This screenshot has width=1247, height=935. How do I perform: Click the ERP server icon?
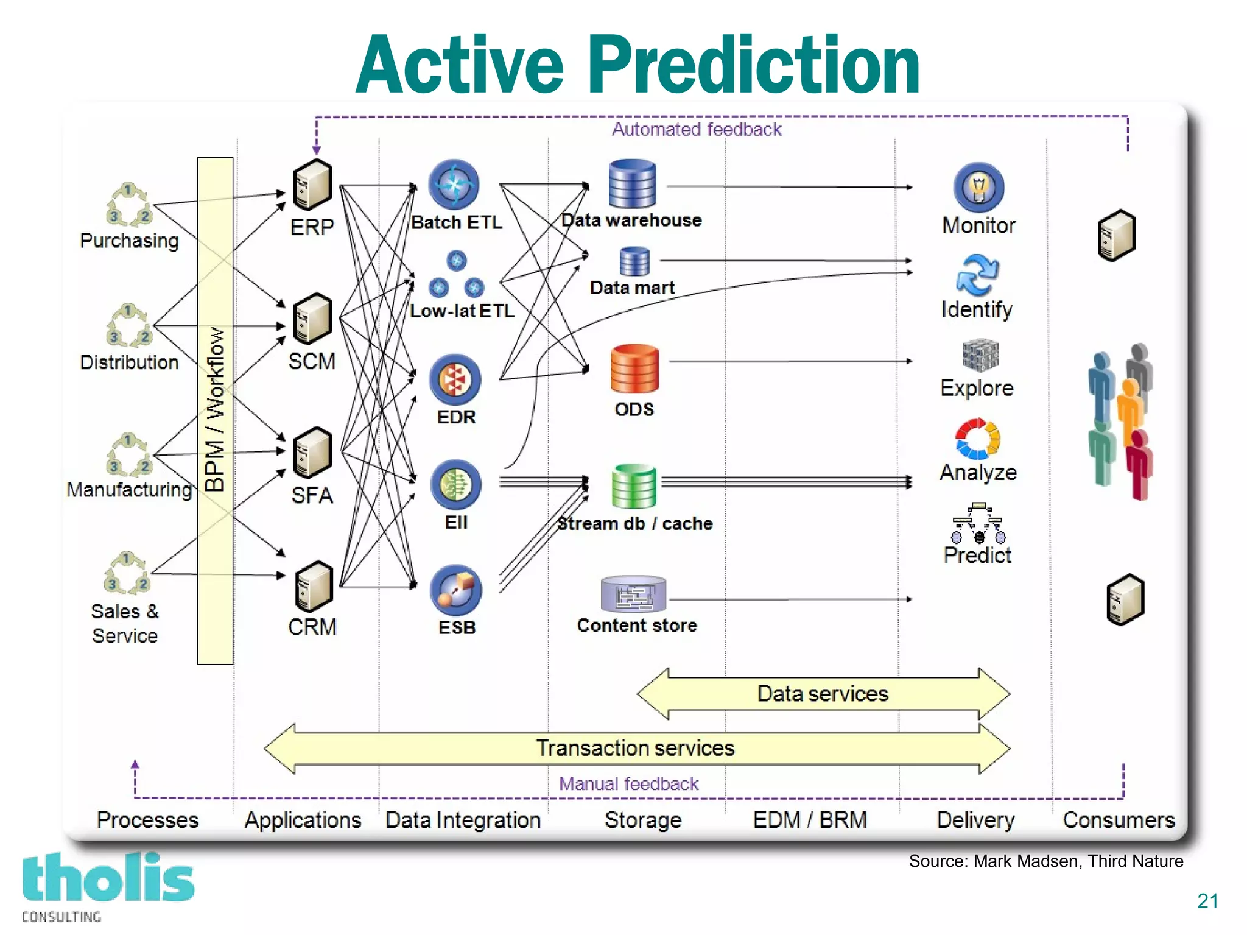tap(312, 185)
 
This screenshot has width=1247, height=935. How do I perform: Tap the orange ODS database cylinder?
tap(634, 369)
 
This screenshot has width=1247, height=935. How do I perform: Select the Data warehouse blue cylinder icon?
tap(632, 184)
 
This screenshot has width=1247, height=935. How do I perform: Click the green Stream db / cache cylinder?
tap(634, 486)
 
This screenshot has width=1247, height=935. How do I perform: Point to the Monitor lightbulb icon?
tap(978, 188)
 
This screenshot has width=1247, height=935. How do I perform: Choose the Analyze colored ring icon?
tap(977, 439)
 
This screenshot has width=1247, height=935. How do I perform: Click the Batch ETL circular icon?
tap(454, 184)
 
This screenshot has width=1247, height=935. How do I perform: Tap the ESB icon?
tap(455, 590)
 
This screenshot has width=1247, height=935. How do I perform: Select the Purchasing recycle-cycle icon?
tap(128, 205)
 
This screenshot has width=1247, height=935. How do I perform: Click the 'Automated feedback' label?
tap(697, 130)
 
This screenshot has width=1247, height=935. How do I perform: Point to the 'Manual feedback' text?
tap(628, 784)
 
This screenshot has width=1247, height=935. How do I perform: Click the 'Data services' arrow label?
tap(823, 694)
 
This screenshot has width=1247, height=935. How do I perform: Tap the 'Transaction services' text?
tap(634, 748)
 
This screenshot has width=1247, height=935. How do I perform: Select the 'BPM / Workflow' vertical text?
tap(215, 409)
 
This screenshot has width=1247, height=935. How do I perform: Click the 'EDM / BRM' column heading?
tap(809, 820)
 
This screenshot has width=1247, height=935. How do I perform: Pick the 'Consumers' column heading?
tap(1119, 820)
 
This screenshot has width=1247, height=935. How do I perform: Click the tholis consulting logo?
tap(107, 884)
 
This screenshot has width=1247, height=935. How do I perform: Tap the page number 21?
tap(1207, 901)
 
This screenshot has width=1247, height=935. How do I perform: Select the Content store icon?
tap(633, 595)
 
